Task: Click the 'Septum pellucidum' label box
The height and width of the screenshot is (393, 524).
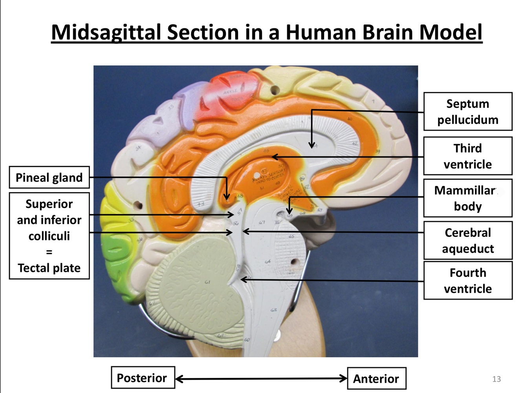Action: click(467, 112)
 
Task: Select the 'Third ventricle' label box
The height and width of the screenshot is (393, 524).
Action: click(467, 156)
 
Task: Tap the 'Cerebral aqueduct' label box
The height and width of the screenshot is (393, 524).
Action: click(467, 240)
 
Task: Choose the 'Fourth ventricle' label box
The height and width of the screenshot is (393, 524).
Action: click(467, 280)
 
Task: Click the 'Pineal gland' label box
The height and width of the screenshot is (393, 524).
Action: click(49, 177)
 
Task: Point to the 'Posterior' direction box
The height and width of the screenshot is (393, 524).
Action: click(142, 378)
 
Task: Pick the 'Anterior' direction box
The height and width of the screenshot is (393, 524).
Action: click(376, 378)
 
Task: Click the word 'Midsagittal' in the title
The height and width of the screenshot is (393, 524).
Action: click(106, 32)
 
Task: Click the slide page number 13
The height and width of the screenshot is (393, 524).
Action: click(496, 379)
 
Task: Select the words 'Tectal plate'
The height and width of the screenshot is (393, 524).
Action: click(49, 268)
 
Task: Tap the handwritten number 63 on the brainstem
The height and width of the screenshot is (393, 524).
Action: click(273, 310)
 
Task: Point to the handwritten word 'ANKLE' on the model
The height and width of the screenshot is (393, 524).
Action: click(230, 92)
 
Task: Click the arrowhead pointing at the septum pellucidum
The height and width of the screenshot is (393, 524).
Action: click(311, 146)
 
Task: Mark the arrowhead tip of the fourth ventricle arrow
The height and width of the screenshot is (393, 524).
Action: click(242, 279)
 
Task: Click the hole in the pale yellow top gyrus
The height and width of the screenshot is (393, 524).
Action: click(275, 90)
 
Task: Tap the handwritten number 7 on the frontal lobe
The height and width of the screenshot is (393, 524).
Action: click(373, 102)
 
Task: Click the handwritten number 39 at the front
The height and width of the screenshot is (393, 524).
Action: click(377, 151)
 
